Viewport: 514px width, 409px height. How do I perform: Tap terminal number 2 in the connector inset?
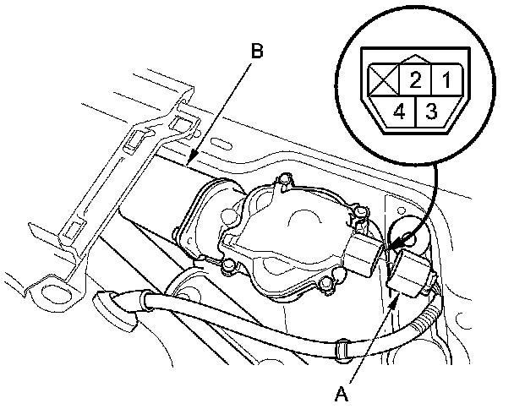[415, 82]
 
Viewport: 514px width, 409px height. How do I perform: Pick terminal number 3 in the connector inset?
[431, 111]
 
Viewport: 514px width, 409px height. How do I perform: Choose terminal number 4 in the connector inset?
[400, 111]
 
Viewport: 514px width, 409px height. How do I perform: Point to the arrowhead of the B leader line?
[192, 160]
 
